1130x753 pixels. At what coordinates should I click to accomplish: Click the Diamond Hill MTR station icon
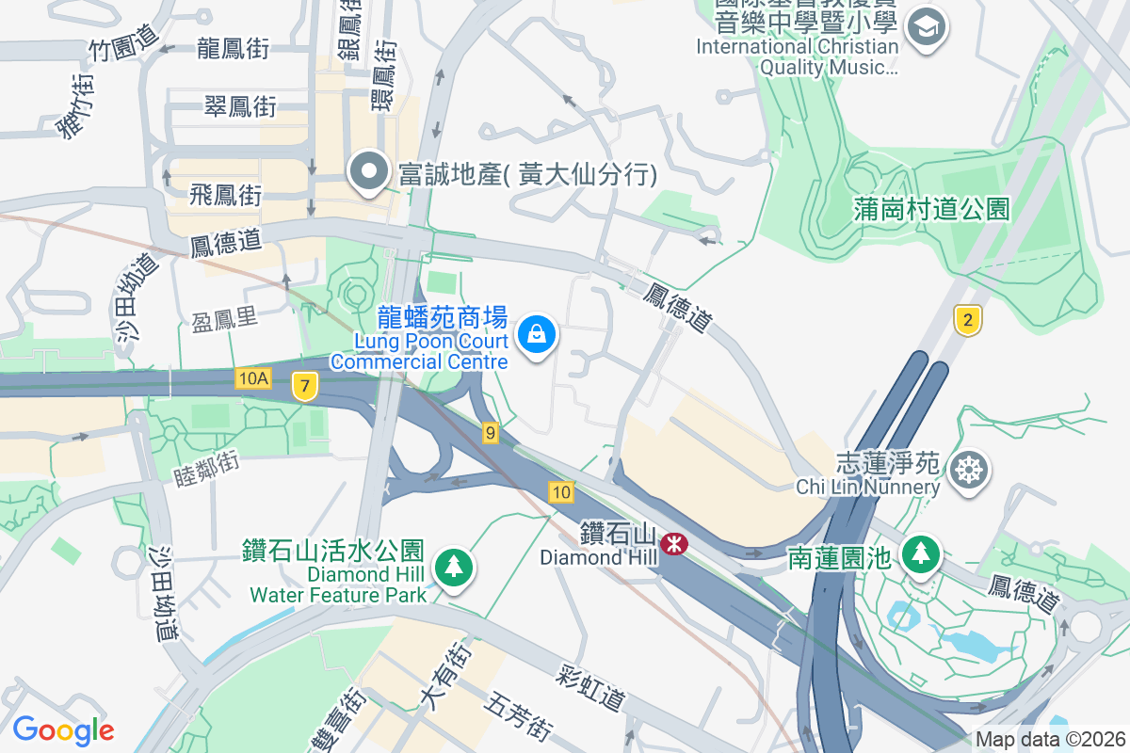pos(673,543)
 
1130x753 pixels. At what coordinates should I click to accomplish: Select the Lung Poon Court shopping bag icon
pos(536,334)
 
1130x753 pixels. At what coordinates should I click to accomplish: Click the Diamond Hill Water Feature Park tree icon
pos(454,567)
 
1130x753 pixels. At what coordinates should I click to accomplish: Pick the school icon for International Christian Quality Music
pos(928,24)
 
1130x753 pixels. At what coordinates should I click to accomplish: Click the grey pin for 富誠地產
pos(369,172)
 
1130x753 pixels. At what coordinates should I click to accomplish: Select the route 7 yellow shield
pos(303,385)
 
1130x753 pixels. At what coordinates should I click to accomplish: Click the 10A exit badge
pos(253,378)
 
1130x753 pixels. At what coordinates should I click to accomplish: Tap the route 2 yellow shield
pos(966,321)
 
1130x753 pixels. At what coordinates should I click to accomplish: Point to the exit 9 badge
pos(490,433)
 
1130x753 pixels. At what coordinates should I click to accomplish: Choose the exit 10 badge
pos(561,491)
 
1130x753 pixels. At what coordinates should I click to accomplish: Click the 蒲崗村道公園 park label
pos(932,208)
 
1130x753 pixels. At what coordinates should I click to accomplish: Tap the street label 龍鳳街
pos(234,49)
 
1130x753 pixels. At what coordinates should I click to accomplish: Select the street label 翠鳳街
pos(240,106)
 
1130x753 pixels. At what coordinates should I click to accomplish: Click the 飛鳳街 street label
pos(225,195)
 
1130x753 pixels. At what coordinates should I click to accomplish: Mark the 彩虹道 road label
pos(591,690)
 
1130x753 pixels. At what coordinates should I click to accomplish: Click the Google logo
pos(63,729)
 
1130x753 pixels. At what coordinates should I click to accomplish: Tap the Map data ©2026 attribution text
pos(1050,739)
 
